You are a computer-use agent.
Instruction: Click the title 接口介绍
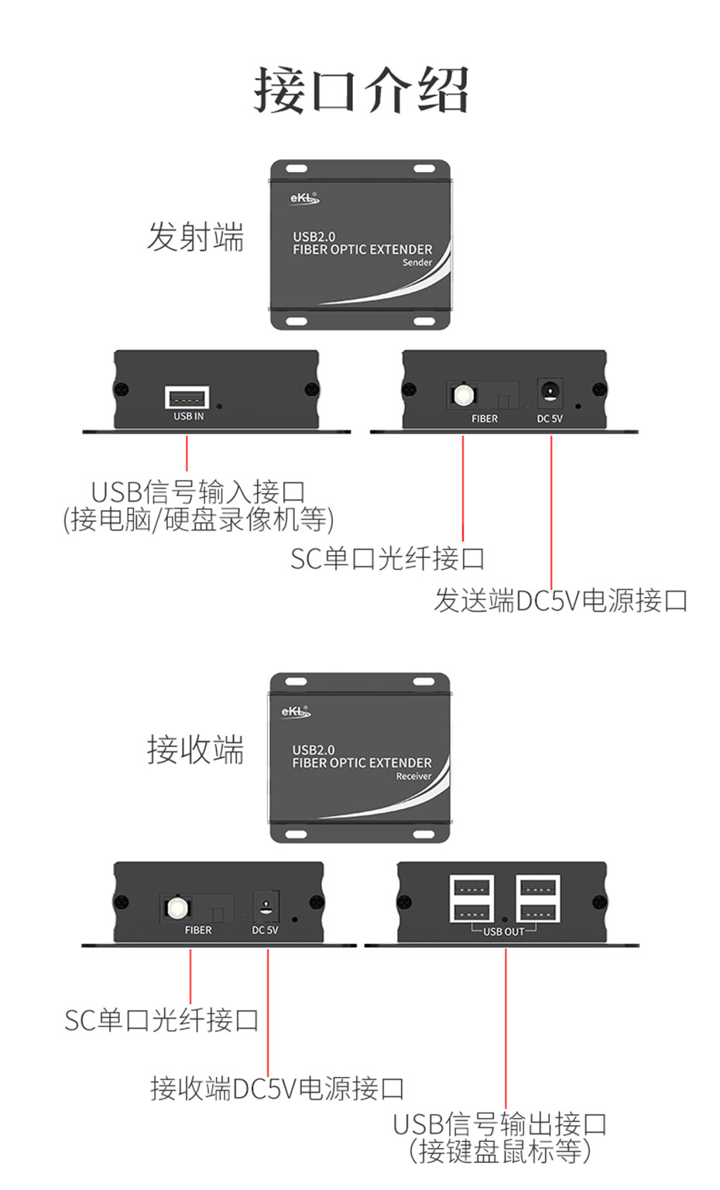point(361,91)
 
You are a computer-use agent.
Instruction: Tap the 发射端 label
point(195,236)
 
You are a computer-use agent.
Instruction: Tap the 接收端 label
point(195,749)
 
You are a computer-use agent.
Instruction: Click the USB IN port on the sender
point(187,398)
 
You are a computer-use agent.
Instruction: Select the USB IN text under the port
point(188,417)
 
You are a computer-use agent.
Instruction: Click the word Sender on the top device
point(417,262)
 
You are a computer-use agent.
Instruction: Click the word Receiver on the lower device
point(413,776)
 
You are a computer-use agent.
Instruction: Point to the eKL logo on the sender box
point(303,198)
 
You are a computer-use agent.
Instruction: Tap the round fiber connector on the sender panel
point(463,396)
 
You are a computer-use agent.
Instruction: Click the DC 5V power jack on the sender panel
point(550,393)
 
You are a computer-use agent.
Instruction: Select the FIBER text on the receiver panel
point(198,930)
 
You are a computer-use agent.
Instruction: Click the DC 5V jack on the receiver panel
point(266,905)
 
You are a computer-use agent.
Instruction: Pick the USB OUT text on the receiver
point(504,931)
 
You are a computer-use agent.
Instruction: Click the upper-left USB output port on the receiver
point(472,886)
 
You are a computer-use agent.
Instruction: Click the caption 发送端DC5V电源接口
point(561,600)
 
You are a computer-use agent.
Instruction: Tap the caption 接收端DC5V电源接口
point(277,1089)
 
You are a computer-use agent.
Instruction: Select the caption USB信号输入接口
point(198,492)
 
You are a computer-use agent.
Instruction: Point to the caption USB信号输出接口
point(499,1123)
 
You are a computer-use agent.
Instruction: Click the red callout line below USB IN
point(187,454)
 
